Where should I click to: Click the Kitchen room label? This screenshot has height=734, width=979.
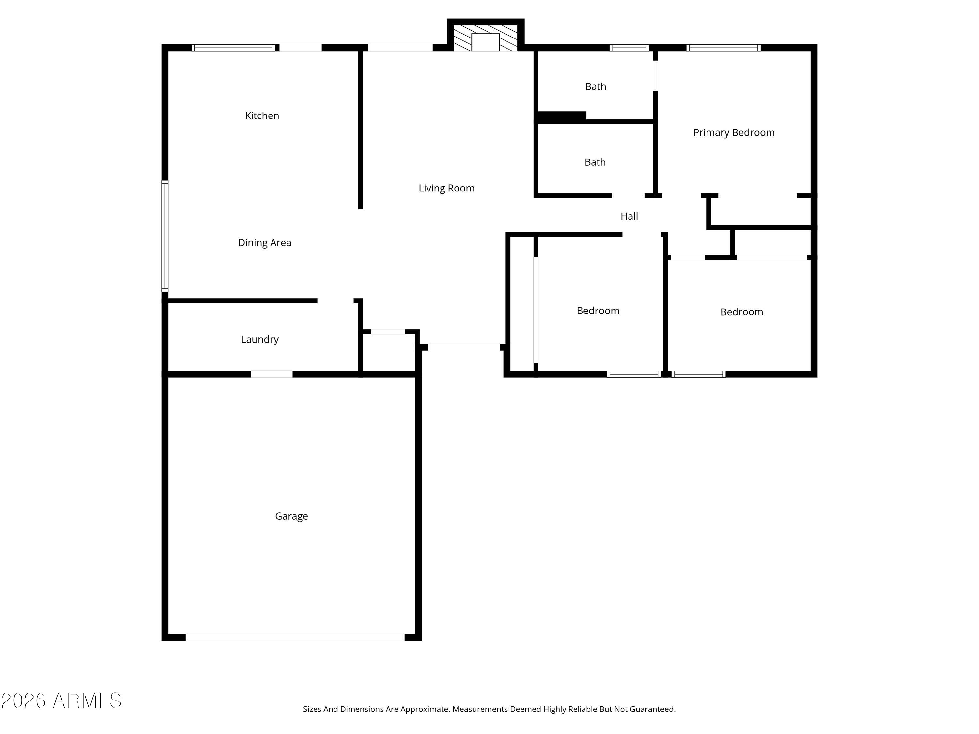click(262, 116)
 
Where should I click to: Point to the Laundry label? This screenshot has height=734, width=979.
click(260, 339)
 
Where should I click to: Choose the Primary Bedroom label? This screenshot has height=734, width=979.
click(733, 133)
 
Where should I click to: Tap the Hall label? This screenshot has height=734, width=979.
click(629, 216)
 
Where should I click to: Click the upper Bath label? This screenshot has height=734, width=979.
click(595, 87)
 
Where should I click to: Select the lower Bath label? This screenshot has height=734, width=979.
click(595, 162)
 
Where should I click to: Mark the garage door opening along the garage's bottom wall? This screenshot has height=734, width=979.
click(295, 637)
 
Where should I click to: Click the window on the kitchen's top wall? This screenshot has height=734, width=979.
click(233, 48)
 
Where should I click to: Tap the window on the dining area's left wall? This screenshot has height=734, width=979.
click(165, 236)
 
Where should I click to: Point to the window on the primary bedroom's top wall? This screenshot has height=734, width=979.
click(723, 48)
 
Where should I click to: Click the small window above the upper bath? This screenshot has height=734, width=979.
click(629, 48)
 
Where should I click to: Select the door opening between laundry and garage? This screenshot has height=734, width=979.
click(271, 374)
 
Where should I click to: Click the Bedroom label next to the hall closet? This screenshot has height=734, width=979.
click(598, 311)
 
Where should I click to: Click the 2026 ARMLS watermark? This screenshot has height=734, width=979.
click(62, 701)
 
